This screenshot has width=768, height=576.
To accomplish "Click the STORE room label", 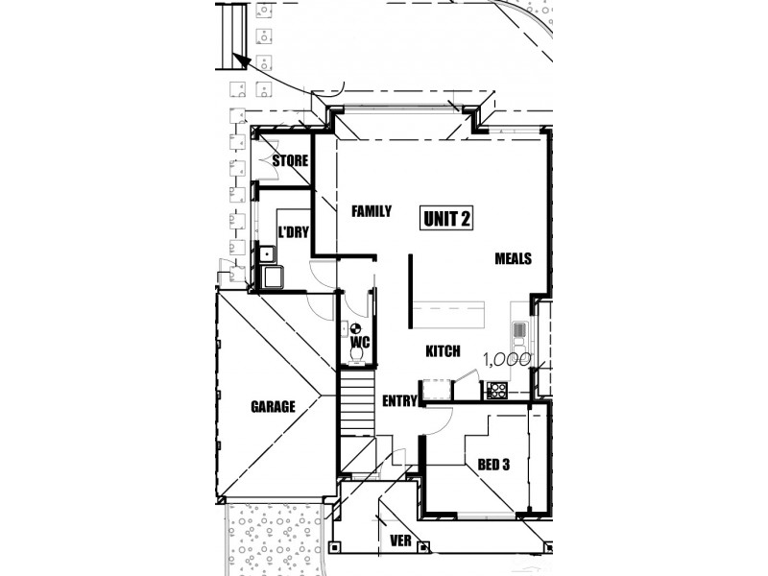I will [x=289, y=160].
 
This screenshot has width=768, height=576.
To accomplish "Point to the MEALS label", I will [x=514, y=258].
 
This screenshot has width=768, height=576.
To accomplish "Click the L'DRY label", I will [x=293, y=231].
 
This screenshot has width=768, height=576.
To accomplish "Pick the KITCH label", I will [x=444, y=351].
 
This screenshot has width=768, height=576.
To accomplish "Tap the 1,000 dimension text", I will [x=507, y=361].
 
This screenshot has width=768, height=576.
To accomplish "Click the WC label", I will [x=360, y=342].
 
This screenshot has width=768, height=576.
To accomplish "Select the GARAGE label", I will [x=273, y=406].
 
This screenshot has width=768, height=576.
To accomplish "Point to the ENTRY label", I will [x=398, y=400].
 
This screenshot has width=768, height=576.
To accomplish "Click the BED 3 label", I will [x=493, y=465].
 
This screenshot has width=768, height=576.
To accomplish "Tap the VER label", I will [x=401, y=541].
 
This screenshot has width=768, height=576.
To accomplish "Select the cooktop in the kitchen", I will [x=497, y=390].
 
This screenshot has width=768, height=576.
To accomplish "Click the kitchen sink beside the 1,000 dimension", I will [x=519, y=332].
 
